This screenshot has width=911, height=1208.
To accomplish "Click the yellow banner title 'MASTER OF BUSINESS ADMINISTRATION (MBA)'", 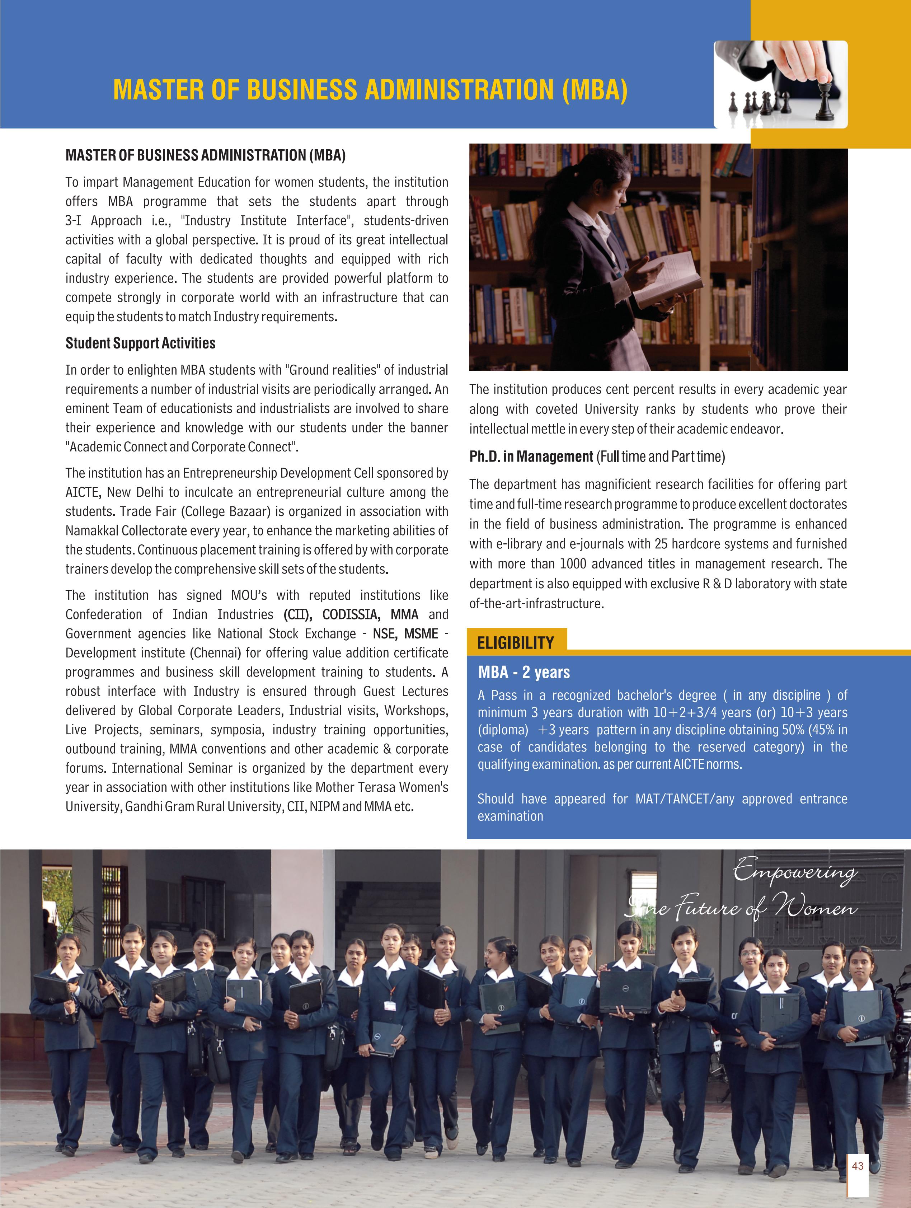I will (x=370, y=90).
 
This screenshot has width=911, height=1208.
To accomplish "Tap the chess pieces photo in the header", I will (x=780, y=85).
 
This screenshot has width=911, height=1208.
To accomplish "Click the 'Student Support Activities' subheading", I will (x=140, y=343).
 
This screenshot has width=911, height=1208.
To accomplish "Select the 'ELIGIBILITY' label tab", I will (x=516, y=642).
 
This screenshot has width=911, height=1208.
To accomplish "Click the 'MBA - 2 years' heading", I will (x=524, y=672).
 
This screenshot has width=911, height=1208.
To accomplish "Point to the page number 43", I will (x=858, y=1166).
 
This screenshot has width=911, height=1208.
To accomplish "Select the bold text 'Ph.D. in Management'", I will (x=531, y=456).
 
